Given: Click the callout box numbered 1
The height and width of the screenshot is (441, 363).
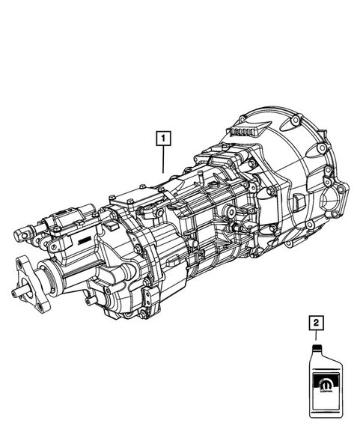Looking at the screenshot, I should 161,138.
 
